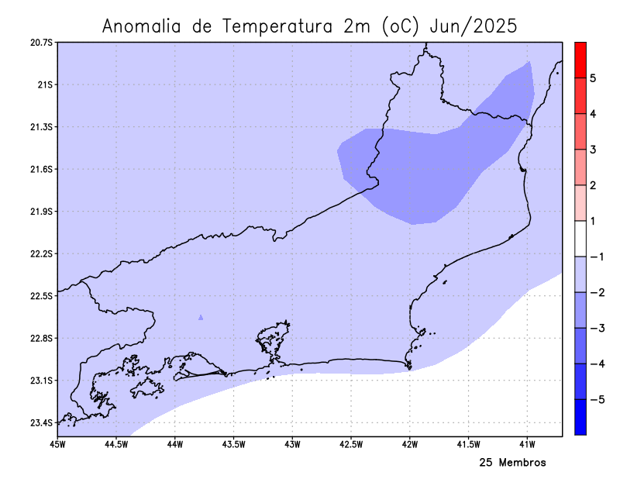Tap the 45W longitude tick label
pyautogui.click(x=57, y=444)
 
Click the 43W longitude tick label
pyautogui.click(x=292, y=444)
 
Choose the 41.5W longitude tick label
pyautogui.click(x=468, y=444)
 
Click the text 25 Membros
pyautogui.click(x=512, y=463)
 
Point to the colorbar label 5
pyautogui.click(x=592, y=78)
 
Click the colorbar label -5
pyautogui.click(x=594, y=400)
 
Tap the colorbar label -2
pyautogui.click(x=594, y=292)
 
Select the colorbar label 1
pyautogui.click(x=592, y=221)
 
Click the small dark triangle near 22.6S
pyautogui.click(x=201, y=317)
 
